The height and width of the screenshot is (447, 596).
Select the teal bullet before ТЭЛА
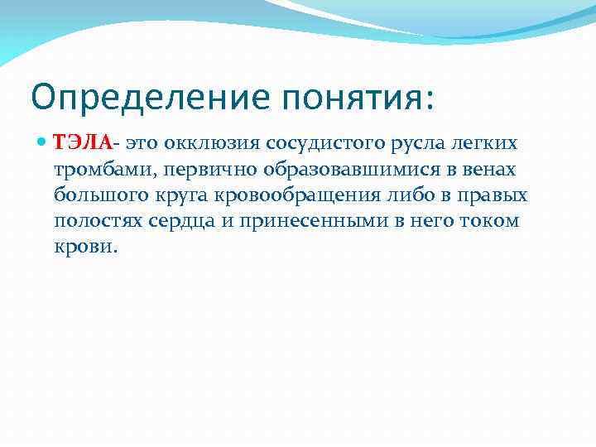(43, 143)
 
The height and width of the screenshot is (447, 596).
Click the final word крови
(86, 248)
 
